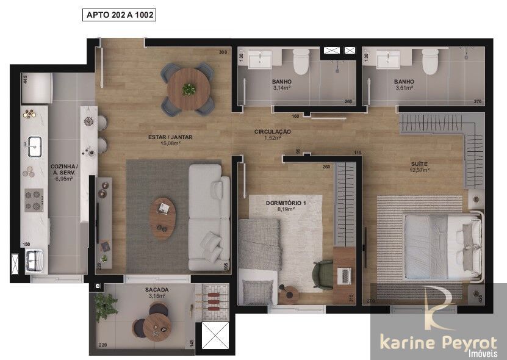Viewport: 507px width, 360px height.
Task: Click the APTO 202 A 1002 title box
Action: pyautogui.click(x=119, y=15)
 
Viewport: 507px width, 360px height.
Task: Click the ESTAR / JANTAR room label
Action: pyautogui.click(x=170, y=137)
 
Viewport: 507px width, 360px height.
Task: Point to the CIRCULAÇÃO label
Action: pyautogui.click(x=272, y=132)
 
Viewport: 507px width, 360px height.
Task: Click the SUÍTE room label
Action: pyautogui.click(x=419, y=164)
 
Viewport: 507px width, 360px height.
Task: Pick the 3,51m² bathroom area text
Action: pyautogui.click(x=404, y=88)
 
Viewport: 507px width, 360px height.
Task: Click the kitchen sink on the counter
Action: pyautogui.click(x=34, y=145)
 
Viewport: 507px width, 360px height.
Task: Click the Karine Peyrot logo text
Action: pyautogui.click(x=439, y=342)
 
